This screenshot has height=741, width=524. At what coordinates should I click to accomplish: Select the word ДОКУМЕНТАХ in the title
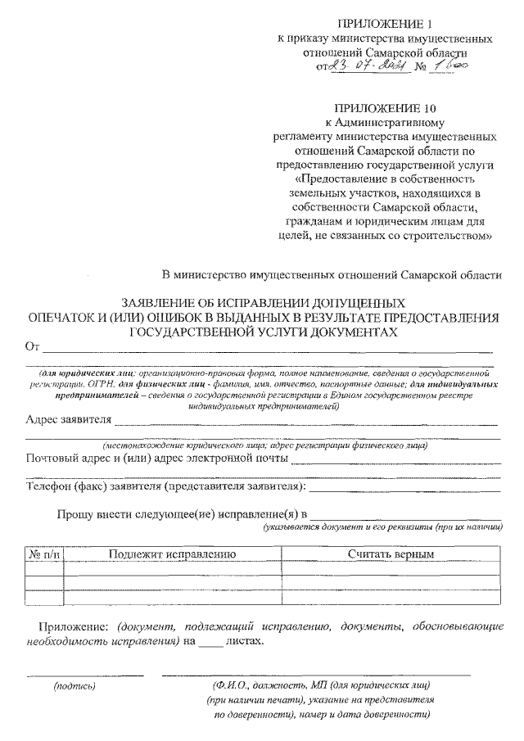[x=350, y=332]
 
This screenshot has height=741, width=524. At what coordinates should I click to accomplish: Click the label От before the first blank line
[x=32, y=347]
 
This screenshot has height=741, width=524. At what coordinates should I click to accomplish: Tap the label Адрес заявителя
[x=67, y=422]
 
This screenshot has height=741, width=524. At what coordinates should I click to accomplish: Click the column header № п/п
[x=44, y=555]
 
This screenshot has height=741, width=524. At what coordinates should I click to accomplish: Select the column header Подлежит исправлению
[x=172, y=555]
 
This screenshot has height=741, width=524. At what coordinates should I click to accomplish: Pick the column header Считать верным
[x=390, y=555]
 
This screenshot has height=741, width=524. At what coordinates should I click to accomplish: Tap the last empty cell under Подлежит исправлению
[x=172, y=597]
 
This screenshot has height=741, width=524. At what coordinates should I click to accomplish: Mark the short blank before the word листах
[x=210, y=642]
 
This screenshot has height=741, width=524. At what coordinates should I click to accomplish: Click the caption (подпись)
[x=75, y=685]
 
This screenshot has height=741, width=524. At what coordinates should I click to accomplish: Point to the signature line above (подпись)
[x=85, y=675]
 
